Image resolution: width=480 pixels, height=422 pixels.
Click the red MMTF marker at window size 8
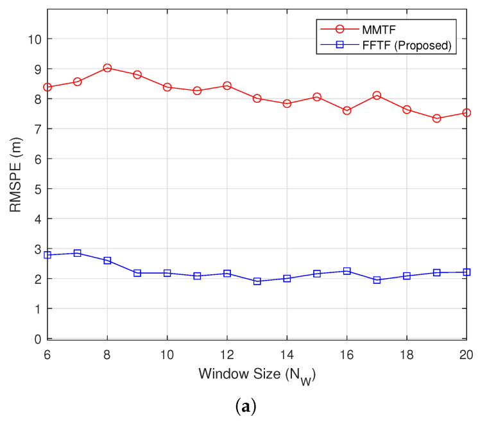tap(107, 67)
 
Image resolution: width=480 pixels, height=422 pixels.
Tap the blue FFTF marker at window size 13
tap(257, 281)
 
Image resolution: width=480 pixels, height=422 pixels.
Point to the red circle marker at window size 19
tap(436, 118)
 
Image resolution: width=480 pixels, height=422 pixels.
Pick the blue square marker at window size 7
tap(77, 253)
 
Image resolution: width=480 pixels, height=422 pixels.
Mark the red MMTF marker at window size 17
tap(377, 95)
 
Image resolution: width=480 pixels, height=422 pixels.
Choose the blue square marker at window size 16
tap(347, 271)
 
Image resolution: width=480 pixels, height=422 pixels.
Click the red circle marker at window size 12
tap(227, 85)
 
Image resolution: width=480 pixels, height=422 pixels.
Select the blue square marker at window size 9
tap(137, 273)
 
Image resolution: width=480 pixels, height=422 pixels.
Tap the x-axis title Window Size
tap(257, 374)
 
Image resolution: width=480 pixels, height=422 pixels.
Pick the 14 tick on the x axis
tap(287, 353)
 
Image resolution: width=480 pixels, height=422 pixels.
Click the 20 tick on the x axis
tap(466, 353)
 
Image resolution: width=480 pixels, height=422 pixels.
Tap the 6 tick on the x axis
tap(47, 353)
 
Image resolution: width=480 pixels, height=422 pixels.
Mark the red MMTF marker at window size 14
tap(287, 103)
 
